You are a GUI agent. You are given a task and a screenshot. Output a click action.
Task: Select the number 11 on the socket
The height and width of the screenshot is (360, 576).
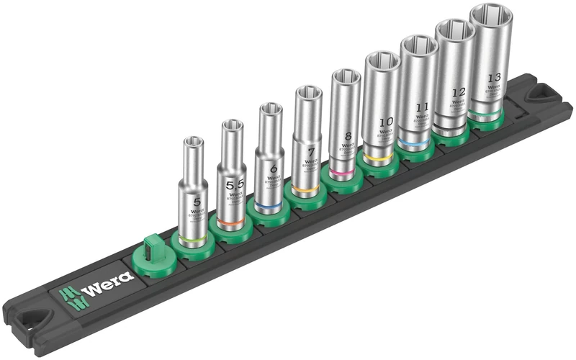(x=423, y=107)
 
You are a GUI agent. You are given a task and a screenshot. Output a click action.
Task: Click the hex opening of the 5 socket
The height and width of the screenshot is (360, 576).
(x=193, y=142)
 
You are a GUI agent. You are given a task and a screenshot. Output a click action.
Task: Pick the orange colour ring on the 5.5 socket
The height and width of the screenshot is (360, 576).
(x=229, y=225)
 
